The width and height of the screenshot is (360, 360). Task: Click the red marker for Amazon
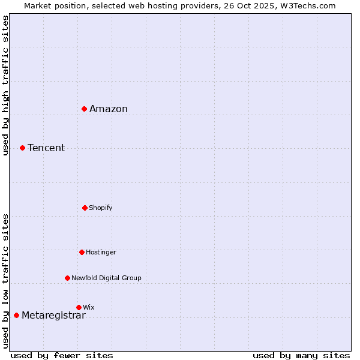(x=85, y=109)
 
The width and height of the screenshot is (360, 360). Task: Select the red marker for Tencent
(x=22, y=148)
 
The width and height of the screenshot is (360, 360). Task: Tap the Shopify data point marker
(x=85, y=208)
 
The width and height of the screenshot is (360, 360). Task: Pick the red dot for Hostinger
(x=82, y=252)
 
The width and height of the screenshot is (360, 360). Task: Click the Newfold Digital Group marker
(x=67, y=278)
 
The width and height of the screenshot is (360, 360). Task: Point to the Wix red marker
(x=79, y=307)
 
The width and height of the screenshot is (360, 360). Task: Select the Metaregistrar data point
(x=16, y=315)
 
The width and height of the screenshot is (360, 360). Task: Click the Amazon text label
(x=109, y=109)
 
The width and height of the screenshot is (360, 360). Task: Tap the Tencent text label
(x=46, y=148)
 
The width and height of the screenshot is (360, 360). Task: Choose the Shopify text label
(x=101, y=208)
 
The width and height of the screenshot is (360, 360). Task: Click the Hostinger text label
(x=101, y=252)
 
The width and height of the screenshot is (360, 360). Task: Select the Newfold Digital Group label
(x=106, y=278)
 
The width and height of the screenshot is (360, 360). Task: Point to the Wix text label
(x=89, y=307)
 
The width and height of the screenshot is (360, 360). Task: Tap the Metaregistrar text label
(x=53, y=316)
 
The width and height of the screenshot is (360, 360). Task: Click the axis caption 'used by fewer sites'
(x=62, y=355)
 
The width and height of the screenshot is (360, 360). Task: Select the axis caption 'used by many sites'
(x=301, y=355)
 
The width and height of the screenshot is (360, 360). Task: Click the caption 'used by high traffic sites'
(x=5, y=85)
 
